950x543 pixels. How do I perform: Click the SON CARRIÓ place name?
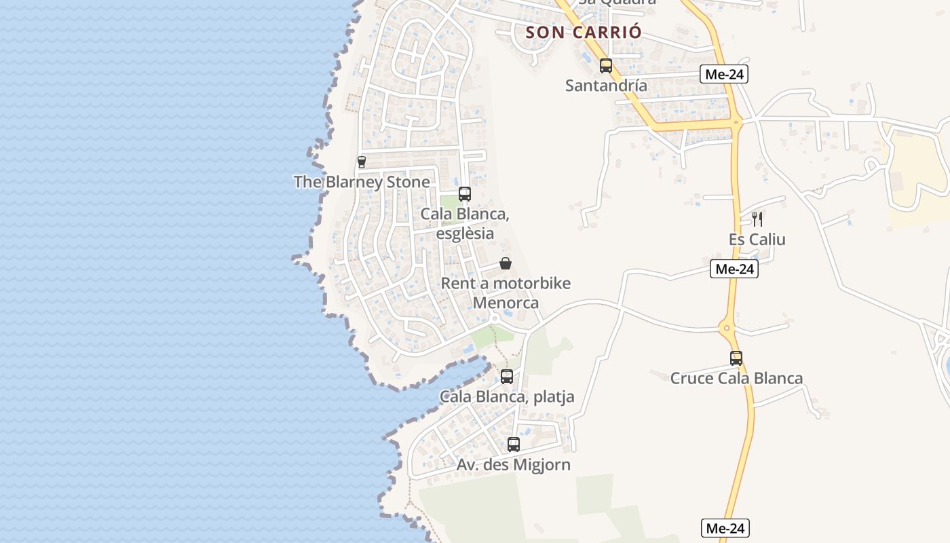(x=584, y=32)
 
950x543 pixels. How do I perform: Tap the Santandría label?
(x=606, y=86)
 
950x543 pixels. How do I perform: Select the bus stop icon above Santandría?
(x=606, y=66)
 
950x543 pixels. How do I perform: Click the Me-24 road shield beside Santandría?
(x=724, y=74)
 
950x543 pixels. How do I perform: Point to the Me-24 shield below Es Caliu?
(x=734, y=269)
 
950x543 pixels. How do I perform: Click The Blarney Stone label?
(x=362, y=182)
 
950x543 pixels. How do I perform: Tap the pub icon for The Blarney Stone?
(x=362, y=162)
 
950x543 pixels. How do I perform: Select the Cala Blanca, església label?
(x=465, y=223)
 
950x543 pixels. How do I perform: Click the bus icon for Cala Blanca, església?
(x=465, y=194)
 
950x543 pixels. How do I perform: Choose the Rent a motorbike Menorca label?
(x=506, y=293)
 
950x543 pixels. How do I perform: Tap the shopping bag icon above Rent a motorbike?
(x=506, y=263)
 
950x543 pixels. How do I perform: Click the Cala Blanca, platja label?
(x=507, y=396)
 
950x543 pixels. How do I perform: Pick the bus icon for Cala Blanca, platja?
(x=507, y=377)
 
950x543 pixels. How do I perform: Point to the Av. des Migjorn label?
(x=514, y=464)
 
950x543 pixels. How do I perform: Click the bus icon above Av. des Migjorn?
(x=514, y=445)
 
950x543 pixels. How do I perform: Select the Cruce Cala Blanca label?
(x=736, y=378)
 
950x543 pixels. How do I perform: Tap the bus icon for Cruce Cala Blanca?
(x=736, y=358)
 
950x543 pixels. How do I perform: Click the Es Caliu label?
(x=757, y=239)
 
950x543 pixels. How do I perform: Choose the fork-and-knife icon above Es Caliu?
(x=757, y=219)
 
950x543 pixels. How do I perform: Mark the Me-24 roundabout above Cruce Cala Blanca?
(x=727, y=329)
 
